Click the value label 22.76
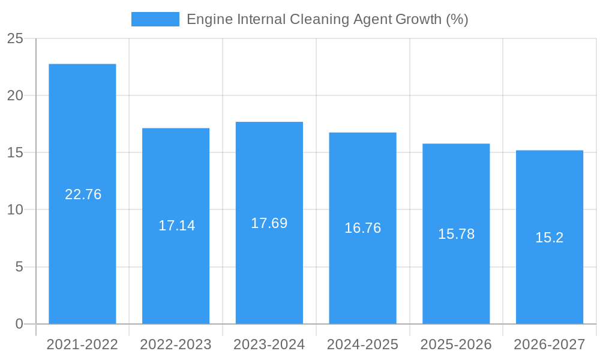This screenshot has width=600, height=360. (83, 194)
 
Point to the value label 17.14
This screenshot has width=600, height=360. (176, 226)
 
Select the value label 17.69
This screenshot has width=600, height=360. (269, 223)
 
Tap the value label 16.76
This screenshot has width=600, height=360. (362, 228)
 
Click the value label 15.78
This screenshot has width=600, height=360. (456, 234)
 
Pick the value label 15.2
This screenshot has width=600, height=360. (550, 238)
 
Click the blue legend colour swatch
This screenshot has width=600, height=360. (155, 19)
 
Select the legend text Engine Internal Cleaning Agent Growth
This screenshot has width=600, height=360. (327, 19)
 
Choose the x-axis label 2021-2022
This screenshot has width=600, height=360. (82, 344)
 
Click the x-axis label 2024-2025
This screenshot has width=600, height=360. (362, 344)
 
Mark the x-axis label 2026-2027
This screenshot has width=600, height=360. (550, 344)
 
